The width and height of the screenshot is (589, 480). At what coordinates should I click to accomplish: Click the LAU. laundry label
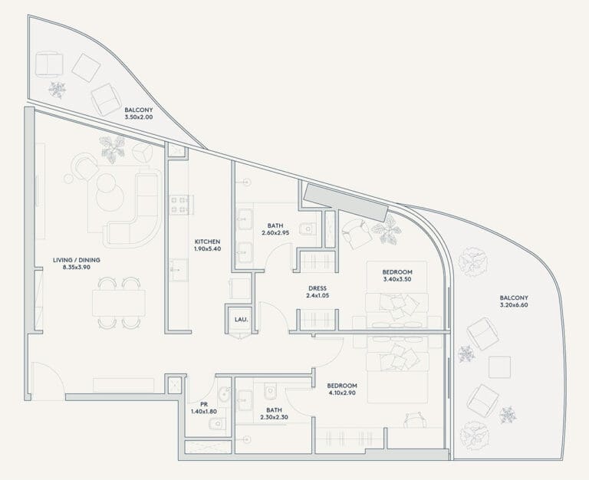point(241,320)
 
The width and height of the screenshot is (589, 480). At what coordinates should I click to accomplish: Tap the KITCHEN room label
point(207,242)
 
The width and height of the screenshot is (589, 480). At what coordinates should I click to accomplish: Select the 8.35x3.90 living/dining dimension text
point(77,268)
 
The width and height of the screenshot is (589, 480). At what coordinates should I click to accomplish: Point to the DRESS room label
point(318,288)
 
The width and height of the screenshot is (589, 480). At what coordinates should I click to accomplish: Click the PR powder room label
point(204,405)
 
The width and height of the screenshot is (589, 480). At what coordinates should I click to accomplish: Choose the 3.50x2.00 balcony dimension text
point(139,117)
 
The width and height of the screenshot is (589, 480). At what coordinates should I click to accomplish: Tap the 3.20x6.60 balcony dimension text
point(514,305)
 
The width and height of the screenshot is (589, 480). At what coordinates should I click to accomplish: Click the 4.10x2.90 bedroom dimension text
point(342,393)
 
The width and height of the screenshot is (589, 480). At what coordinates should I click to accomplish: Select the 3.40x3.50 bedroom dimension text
point(397,279)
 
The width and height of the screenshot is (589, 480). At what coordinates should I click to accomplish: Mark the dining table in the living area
point(119,303)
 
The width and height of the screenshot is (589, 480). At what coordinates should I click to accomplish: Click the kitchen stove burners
point(180,205)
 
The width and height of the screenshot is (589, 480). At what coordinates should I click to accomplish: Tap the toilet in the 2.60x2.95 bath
point(308,228)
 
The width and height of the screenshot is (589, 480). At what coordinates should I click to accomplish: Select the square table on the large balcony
point(499,367)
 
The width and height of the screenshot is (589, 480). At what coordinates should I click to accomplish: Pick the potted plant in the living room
point(112,150)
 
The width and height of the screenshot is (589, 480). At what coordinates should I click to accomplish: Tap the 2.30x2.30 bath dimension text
point(275,417)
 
